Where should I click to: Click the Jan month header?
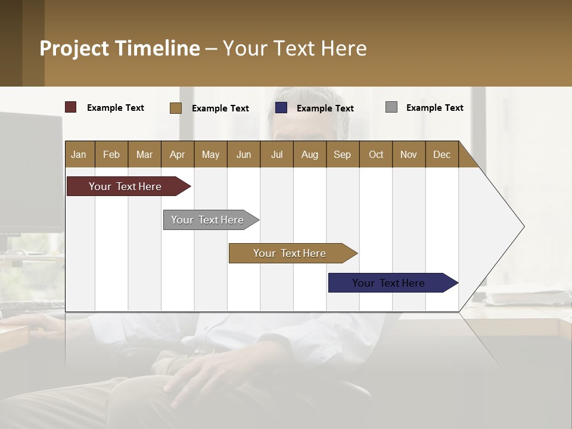click(x=79, y=154)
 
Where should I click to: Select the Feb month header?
click(x=111, y=154)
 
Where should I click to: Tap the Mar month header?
click(x=144, y=154)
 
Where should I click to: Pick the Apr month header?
click(x=178, y=154)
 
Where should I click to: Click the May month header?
click(x=210, y=154)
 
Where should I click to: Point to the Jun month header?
click(x=244, y=154)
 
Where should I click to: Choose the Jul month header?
click(x=276, y=154)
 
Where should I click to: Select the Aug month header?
click(x=310, y=154)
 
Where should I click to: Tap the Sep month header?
click(x=343, y=154)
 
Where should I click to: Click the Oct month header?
click(x=376, y=154)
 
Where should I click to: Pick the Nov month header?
click(x=409, y=154)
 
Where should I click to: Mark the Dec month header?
click(x=442, y=154)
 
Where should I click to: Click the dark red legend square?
click(x=71, y=107)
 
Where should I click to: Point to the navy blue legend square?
click(x=281, y=108)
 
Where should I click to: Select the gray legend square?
click(x=391, y=107)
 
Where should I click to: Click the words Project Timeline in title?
click(x=120, y=48)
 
